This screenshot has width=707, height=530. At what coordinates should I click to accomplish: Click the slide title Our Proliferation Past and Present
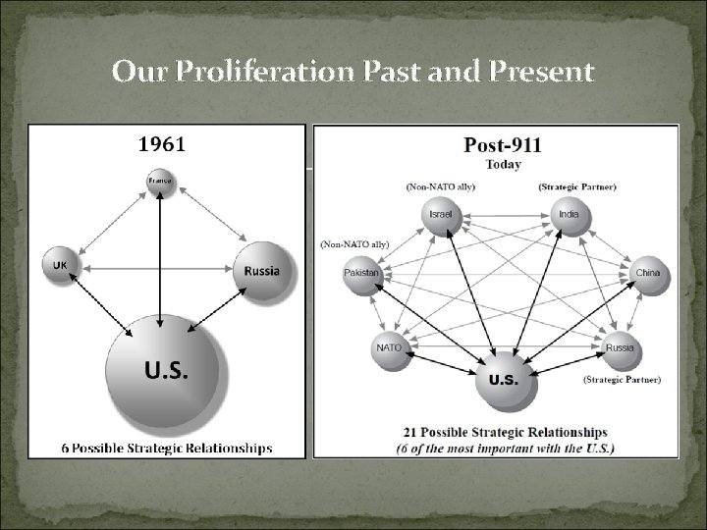click(353, 72)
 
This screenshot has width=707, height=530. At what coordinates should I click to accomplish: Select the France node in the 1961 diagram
click(159, 183)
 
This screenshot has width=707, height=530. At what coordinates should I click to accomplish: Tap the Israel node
click(439, 215)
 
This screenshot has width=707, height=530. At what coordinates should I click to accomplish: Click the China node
click(647, 272)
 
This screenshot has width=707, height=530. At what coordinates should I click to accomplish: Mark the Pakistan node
click(361, 273)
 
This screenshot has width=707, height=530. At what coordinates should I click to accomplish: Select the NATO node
click(389, 345)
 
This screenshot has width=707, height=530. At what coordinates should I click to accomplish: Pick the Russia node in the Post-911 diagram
click(619, 346)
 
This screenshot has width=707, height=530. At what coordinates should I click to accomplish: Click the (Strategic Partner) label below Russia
click(622, 378)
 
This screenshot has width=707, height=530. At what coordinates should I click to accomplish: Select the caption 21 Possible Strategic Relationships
click(505, 432)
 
